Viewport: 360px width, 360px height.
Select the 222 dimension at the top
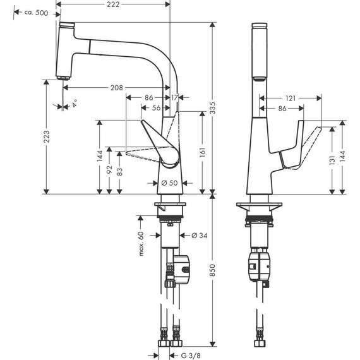point(114,5)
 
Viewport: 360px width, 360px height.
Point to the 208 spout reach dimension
point(116,88)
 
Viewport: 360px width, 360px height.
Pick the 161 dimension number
point(201,152)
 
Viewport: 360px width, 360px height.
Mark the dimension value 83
point(120,172)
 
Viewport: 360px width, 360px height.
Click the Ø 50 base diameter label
point(169,183)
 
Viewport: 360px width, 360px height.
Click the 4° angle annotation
point(75,104)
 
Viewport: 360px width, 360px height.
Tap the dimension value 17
point(174,98)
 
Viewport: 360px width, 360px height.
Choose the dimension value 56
point(157,109)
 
